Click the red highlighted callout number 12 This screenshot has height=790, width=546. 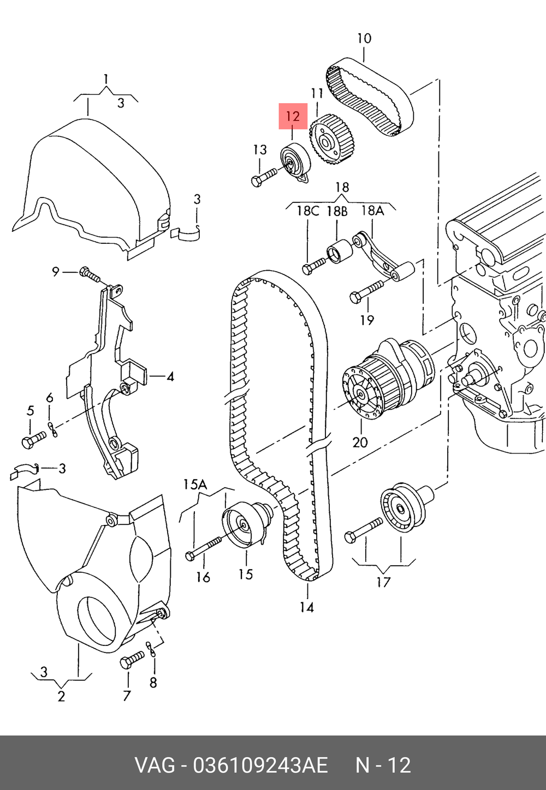tap(293, 116)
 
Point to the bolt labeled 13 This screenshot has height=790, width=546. tap(264, 177)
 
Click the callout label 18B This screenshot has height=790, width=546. tap(337, 211)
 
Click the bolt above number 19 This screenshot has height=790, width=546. tap(366, 291)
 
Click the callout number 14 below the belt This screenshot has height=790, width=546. tap(307, 608)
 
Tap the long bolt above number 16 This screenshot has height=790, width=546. tap(203, 548)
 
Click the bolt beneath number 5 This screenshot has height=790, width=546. tap(33, 439)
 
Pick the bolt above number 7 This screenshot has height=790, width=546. tap(132, 660)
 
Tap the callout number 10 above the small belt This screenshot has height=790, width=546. tap(364, 38)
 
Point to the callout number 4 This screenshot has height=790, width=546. tap(170, 377)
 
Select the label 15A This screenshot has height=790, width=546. tap(195, 484)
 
